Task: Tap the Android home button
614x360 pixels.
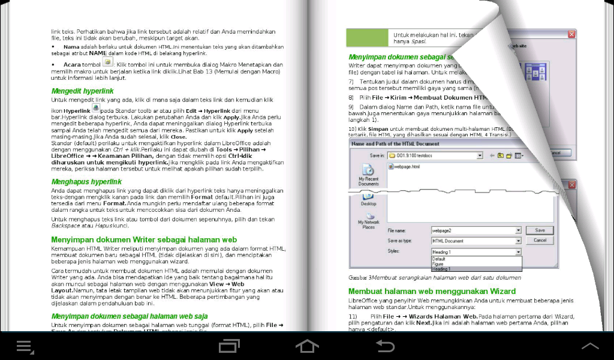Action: pyautogui.click(x=306, y=346)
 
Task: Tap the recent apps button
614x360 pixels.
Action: pyautogui.click(x=230, y=346)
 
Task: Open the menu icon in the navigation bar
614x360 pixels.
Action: pyautogui.click(x=25, y=346)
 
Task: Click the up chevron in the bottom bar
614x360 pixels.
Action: pyautogui.click(x=590, y=346)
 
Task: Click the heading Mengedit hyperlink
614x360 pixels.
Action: pyautogui.click(x=82, y=91)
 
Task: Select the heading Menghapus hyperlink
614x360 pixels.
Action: pyautogui.click(x=86, y=181)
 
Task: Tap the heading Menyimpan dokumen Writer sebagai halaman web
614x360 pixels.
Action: pyautogui.click(x=144, y=239)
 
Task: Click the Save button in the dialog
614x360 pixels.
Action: pyautogui.click(x=540, y=230)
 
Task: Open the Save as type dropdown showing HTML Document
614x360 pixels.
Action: pyautogui.click(x=476, y=241)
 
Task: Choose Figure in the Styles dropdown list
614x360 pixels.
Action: pyautogui.click(x=439, y=263)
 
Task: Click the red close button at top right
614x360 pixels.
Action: pyautogui.click(x=571, y=34)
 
